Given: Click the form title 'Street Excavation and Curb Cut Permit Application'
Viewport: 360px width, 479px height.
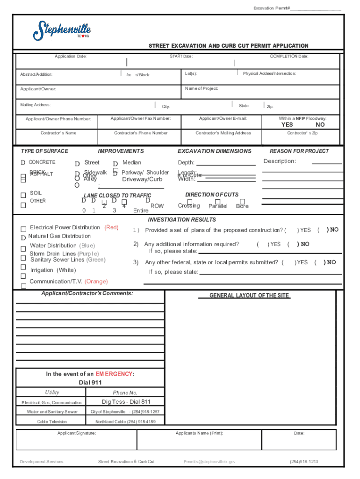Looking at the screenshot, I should click(228, 46).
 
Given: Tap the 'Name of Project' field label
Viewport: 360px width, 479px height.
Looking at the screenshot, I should click(202, 88).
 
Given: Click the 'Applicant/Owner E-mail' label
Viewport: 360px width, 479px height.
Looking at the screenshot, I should click(223, 119).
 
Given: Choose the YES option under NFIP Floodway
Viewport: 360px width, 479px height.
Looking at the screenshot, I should click(287, 125).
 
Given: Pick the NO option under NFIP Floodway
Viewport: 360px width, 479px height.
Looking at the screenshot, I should click(320, 125).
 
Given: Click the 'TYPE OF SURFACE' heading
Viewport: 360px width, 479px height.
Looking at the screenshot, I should click(44, 151).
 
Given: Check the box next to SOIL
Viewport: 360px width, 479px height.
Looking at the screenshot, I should click(23, 195).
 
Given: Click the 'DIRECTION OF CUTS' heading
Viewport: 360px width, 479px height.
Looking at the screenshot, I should click(211, 195).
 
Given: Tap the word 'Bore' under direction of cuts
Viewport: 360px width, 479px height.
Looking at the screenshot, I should click(242, 206).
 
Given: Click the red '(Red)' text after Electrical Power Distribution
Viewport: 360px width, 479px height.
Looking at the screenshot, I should click(111, 227).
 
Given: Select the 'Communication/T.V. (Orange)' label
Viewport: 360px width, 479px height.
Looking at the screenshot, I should click(68, 282).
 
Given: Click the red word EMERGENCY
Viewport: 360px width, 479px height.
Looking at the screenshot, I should click(114, 374).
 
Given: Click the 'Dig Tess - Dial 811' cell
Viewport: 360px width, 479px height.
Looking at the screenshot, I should click(126, 402).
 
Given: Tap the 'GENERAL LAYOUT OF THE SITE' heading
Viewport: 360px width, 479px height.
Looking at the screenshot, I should click(249, 296).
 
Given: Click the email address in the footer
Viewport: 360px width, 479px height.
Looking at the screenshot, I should click(209, 462).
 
